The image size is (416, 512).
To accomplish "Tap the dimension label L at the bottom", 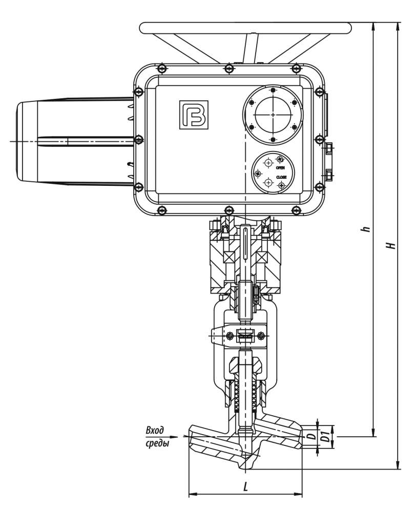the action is [245, 487].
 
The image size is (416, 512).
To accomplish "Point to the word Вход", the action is [155, 431].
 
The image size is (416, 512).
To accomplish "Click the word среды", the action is [157, 443].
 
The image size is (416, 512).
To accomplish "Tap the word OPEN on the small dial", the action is [280, 167].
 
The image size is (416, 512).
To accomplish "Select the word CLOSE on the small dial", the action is [281, 177].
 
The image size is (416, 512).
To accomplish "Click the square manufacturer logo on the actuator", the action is [194, 115].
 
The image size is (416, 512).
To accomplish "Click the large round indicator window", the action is [273, 115].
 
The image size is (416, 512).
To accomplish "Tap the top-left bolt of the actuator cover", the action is [162, 68].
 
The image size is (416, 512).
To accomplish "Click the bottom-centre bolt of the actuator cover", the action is [229, 209].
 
